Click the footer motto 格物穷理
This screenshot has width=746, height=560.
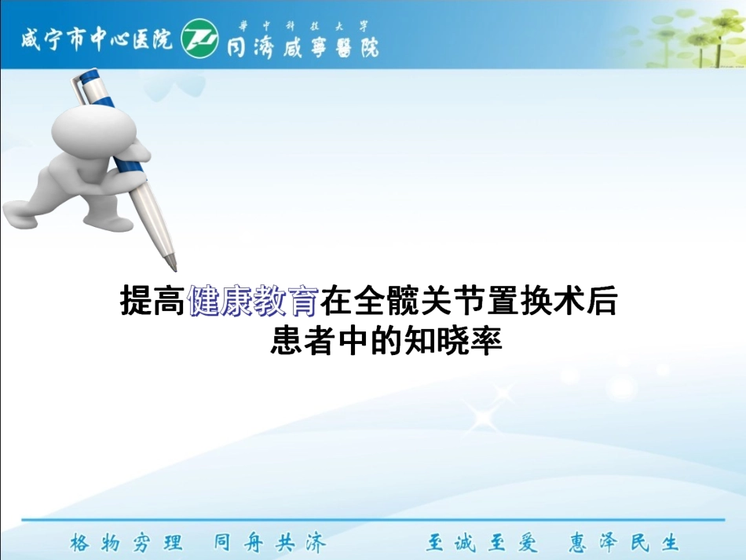click(126, 543)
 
